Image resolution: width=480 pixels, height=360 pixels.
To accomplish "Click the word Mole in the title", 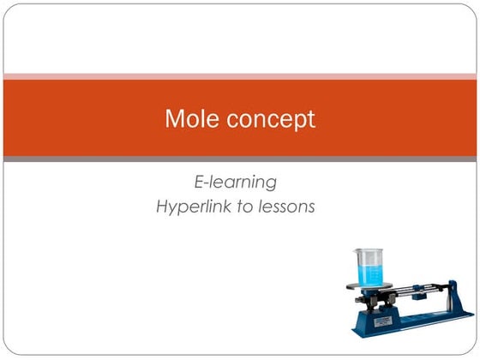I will [188, 119].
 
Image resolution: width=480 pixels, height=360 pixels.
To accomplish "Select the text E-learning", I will [235, 182].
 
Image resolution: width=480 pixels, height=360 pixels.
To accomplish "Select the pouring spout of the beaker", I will [356, 251].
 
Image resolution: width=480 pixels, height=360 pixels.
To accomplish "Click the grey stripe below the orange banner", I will [240, 159].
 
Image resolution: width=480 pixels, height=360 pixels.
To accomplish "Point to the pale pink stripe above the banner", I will [240, 76].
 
